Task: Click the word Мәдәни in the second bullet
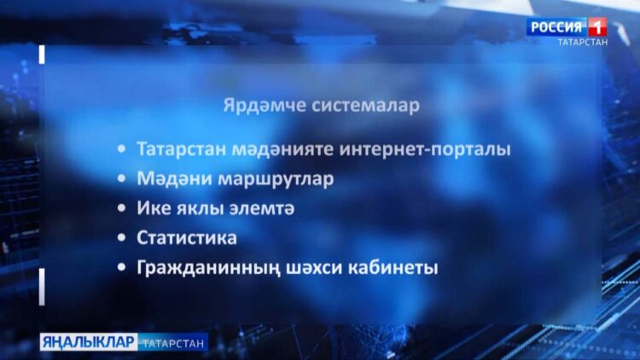click(168, 179)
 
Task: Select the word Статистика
click(187, 237)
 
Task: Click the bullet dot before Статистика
click(125, 238)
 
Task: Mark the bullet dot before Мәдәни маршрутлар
click(125, 180)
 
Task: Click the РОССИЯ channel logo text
click(556, 26)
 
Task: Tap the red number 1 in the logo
click(597, 26)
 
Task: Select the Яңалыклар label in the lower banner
click(88, 342)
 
